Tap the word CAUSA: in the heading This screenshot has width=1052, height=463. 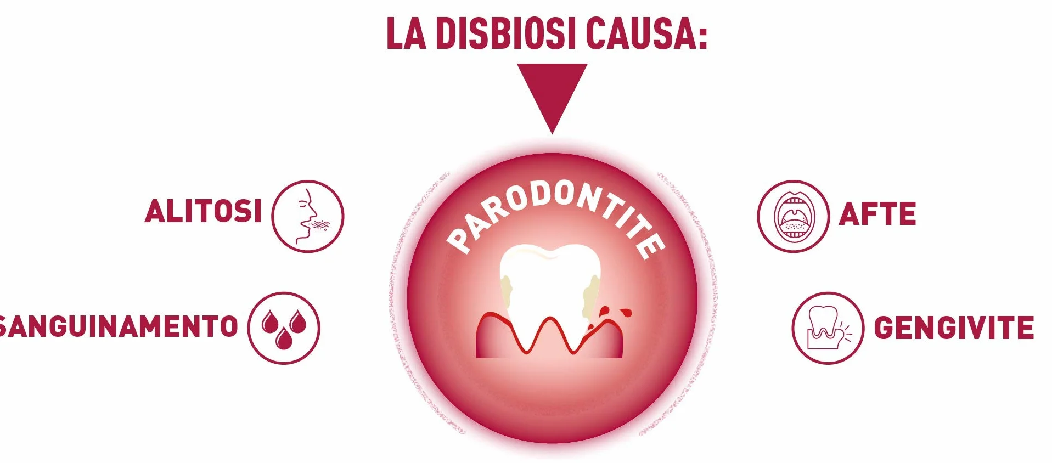(x=646, y=34)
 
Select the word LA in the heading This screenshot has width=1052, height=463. (x=406, y=34)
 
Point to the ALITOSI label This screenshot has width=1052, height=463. (x=204, y=211)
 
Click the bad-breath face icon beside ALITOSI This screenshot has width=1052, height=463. (x=308, y=216)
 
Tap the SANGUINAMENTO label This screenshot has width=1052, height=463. (x=119, y=326)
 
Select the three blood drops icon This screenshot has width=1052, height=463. (x=284, y=328)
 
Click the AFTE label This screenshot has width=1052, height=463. (x=877, y=214)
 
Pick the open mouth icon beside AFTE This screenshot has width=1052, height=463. (x=794, y=216)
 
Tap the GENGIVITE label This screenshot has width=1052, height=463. (x=954, y=328)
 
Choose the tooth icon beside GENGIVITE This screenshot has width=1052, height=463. (x=828, y=328)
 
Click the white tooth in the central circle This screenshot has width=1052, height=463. (x=549, y=291)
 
